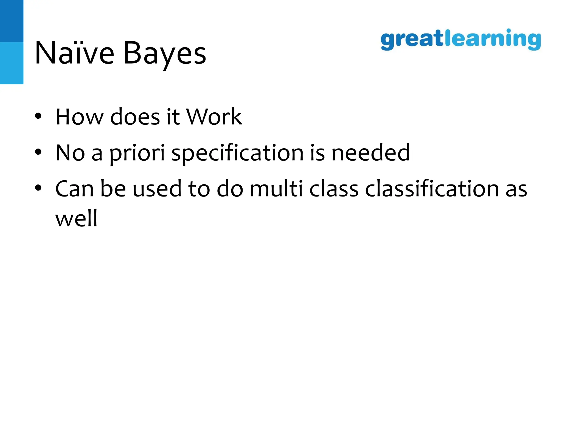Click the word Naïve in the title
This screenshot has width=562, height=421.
click(74, 53)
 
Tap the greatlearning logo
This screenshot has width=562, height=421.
click(461, 40)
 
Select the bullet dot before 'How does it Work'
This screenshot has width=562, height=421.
click(38, 116)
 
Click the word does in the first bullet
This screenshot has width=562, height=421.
click(135, 117)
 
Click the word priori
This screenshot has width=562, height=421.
click(137, 153)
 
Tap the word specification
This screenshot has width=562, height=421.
click(237, 153)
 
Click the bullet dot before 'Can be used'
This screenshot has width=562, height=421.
click(38, 188)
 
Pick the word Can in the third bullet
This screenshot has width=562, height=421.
click(74, 189)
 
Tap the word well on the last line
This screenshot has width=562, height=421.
click(76, 218)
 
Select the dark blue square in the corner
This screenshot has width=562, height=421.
click(12, 21)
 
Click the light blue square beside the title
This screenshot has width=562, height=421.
click(12, 63)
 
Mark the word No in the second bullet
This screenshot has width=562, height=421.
click(70, 153)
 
